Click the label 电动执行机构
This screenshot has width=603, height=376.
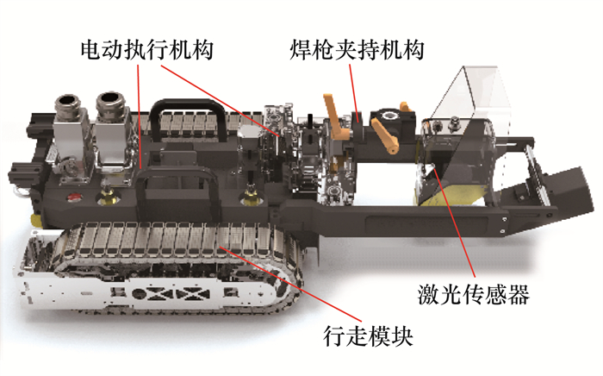tap(147, 50)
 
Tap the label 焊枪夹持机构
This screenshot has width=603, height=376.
tap(357, 50)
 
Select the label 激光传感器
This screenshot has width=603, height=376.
tap(474, 294)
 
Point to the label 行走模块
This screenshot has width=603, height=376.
tap(369, 336)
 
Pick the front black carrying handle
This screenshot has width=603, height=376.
tap(175, 185)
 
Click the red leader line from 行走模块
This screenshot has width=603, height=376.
tap(290, 284)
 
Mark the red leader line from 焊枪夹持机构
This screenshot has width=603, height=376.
tap(354, 93)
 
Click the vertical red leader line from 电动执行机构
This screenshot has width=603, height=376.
tap(140, 116)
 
